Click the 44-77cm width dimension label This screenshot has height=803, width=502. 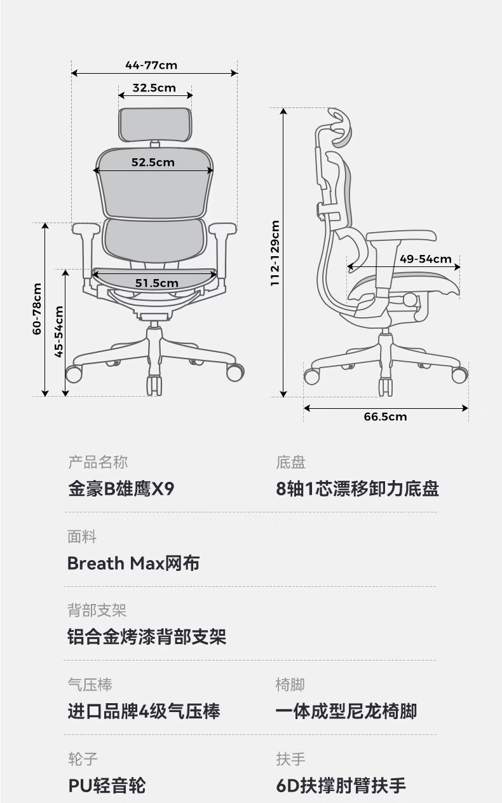click(x=151, y=65)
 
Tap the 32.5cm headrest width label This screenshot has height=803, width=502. click(x=154, y=88)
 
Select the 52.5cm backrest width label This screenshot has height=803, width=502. click(x=153, y=162)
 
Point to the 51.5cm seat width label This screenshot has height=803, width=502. click(x=157, y=283)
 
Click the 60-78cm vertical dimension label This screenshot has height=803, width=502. click(x=37, y=309)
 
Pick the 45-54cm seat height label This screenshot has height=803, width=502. click(x=58, y=332)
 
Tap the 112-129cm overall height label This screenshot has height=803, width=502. click(x=275, y=253)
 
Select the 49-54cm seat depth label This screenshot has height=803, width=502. click(x=426, y=259)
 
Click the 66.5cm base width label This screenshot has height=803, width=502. click(x=385, y=416)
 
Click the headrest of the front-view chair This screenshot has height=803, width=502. click(x=155, y=125)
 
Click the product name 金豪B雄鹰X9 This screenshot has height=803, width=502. click(x=121, y=489)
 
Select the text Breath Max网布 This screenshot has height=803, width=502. click(x=133, y=563)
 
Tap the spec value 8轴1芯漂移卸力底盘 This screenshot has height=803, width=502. click(x=357, y=489)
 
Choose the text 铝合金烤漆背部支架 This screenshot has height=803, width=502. click(x=147, y=637)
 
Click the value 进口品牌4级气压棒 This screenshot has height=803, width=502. click(x=144, y=711)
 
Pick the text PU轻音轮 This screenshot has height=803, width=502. click(x=107, y=786)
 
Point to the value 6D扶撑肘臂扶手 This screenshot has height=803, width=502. click(x=341, y=786)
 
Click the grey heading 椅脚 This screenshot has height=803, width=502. click(x=290, y=685)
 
